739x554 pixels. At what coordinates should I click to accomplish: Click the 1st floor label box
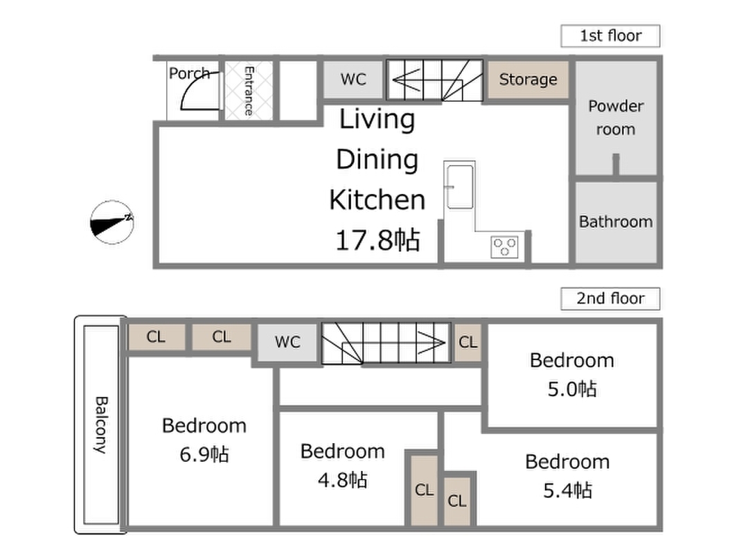point(610,36)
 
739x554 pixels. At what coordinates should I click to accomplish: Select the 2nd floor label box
point(610,298)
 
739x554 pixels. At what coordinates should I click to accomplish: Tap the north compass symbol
point(112,222)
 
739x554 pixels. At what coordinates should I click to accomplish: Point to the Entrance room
point(249,91)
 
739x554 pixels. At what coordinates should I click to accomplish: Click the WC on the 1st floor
point(353,79)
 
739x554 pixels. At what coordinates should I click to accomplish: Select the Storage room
point(528,80)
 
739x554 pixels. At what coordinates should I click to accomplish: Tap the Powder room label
point(616,118)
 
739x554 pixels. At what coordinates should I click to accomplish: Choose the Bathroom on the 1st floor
point(616,222)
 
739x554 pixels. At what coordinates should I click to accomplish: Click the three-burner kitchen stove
point(504,247)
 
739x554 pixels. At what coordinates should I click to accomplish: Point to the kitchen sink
point(460,186)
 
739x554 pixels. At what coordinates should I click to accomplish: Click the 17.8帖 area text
point(377,240)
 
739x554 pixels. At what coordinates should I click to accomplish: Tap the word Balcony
point(101,425)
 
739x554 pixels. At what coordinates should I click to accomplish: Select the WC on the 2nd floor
point(287,342)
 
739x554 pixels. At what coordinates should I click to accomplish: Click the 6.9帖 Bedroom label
point(204,440)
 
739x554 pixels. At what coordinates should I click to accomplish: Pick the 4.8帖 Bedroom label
point(343,466)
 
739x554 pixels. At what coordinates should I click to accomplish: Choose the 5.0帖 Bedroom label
point(571,375)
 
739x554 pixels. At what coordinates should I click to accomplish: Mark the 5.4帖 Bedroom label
point(567,476)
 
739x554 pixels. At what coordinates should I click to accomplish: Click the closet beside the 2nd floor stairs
point(468,342)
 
